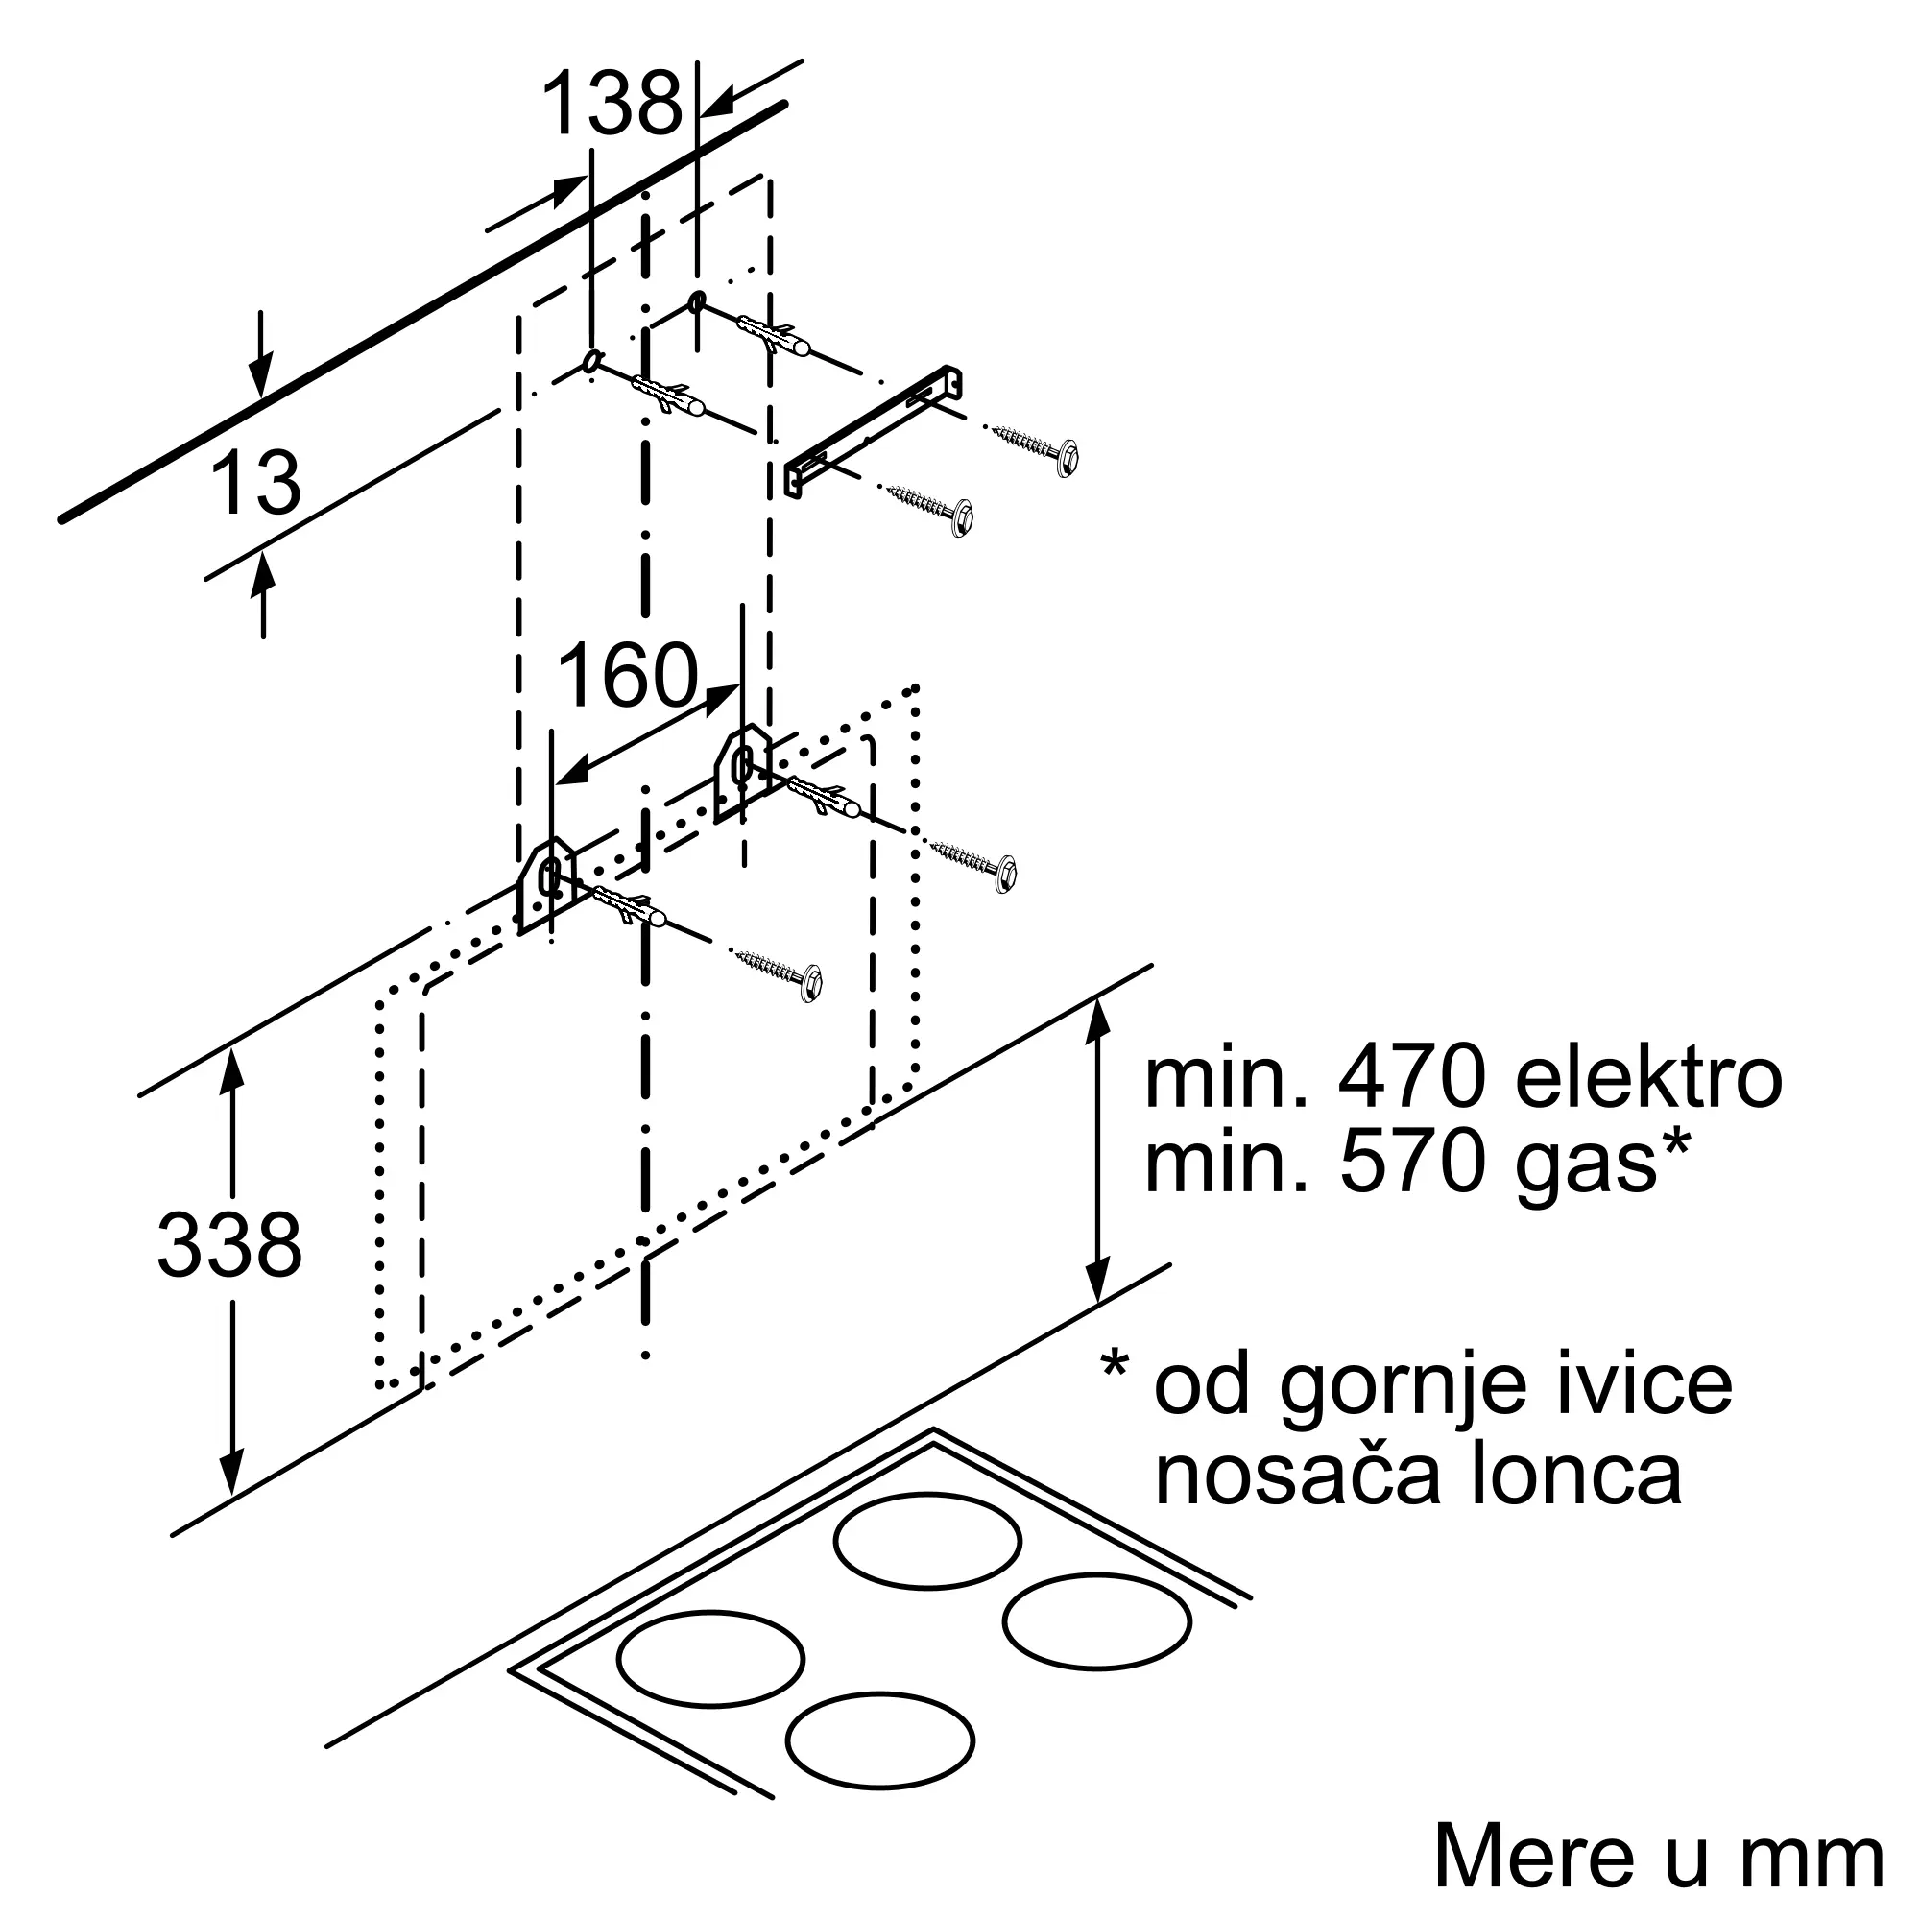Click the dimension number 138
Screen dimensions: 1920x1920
click(x=612, y=103)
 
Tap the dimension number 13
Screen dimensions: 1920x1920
click(x=255, y=483)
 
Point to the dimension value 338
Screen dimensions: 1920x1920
click(x=229, y=1244)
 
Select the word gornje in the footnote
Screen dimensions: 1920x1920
click(x=1402, y=1389)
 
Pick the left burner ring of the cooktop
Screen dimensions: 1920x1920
click(x=709, y=1659)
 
